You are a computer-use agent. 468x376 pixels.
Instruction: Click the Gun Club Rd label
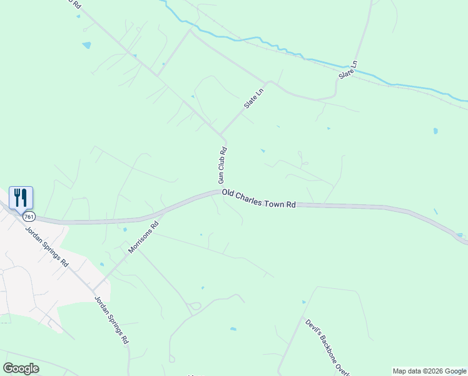click(x=222, y=165)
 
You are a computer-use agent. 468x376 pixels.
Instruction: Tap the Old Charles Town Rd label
click(x=258, y=200)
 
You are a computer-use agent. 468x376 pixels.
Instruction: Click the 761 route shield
click(x=29, y=216)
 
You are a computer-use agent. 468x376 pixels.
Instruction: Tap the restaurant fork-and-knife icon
click(x=21, y=197)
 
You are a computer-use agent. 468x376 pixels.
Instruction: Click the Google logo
click(x=21, y=368)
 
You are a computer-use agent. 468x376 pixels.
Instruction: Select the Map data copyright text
click(x=429, y=371)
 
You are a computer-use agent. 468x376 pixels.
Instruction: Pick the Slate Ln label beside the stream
click(x=348, y=69)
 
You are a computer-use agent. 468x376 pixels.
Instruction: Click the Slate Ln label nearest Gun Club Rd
click(x=255, y=98)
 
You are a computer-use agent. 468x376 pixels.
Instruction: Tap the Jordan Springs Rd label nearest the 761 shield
click(x=47, y=246)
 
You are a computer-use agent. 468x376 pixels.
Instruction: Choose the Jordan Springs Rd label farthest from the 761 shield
click(x=111, y=320)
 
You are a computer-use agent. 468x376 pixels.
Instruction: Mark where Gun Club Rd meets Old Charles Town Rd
click(x=221, y=192)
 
